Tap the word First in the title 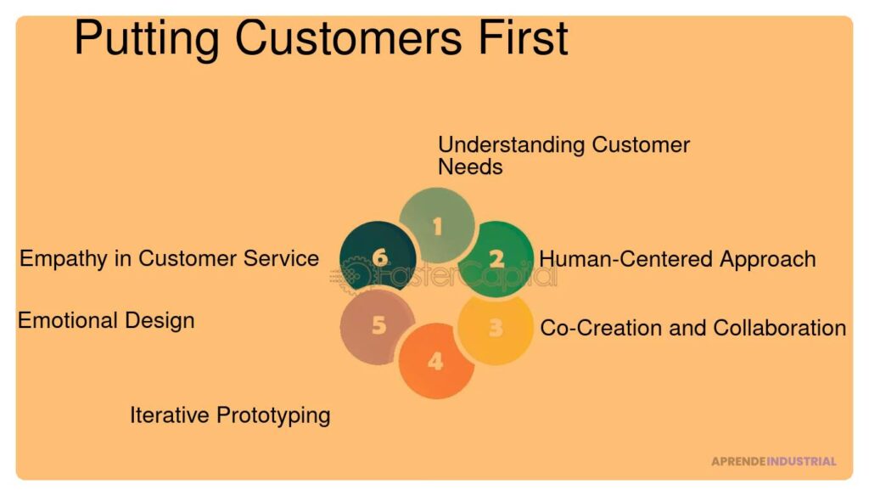[523, 37]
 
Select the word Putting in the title [147, 40]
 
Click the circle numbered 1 [437, 225]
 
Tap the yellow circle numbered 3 [496, 329]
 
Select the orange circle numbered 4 [436, 361]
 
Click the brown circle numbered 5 [378, 326]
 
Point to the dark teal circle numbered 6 [378, 256]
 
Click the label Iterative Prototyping [230, 415]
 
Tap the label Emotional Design [106, 321]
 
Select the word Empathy [64, 259]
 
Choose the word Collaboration [779, 328]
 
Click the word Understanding [512, 145]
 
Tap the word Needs [470, 167]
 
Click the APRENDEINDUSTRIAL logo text [774, 461]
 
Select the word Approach [767, 260]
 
